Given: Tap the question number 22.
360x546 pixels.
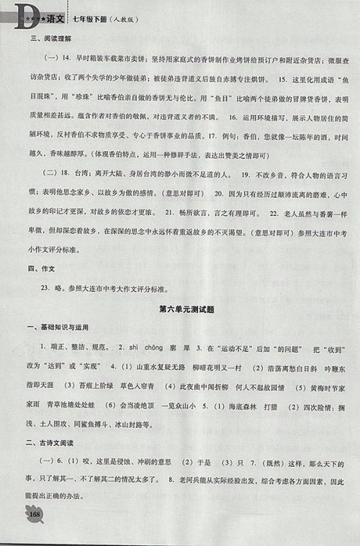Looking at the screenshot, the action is pos(274,232).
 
